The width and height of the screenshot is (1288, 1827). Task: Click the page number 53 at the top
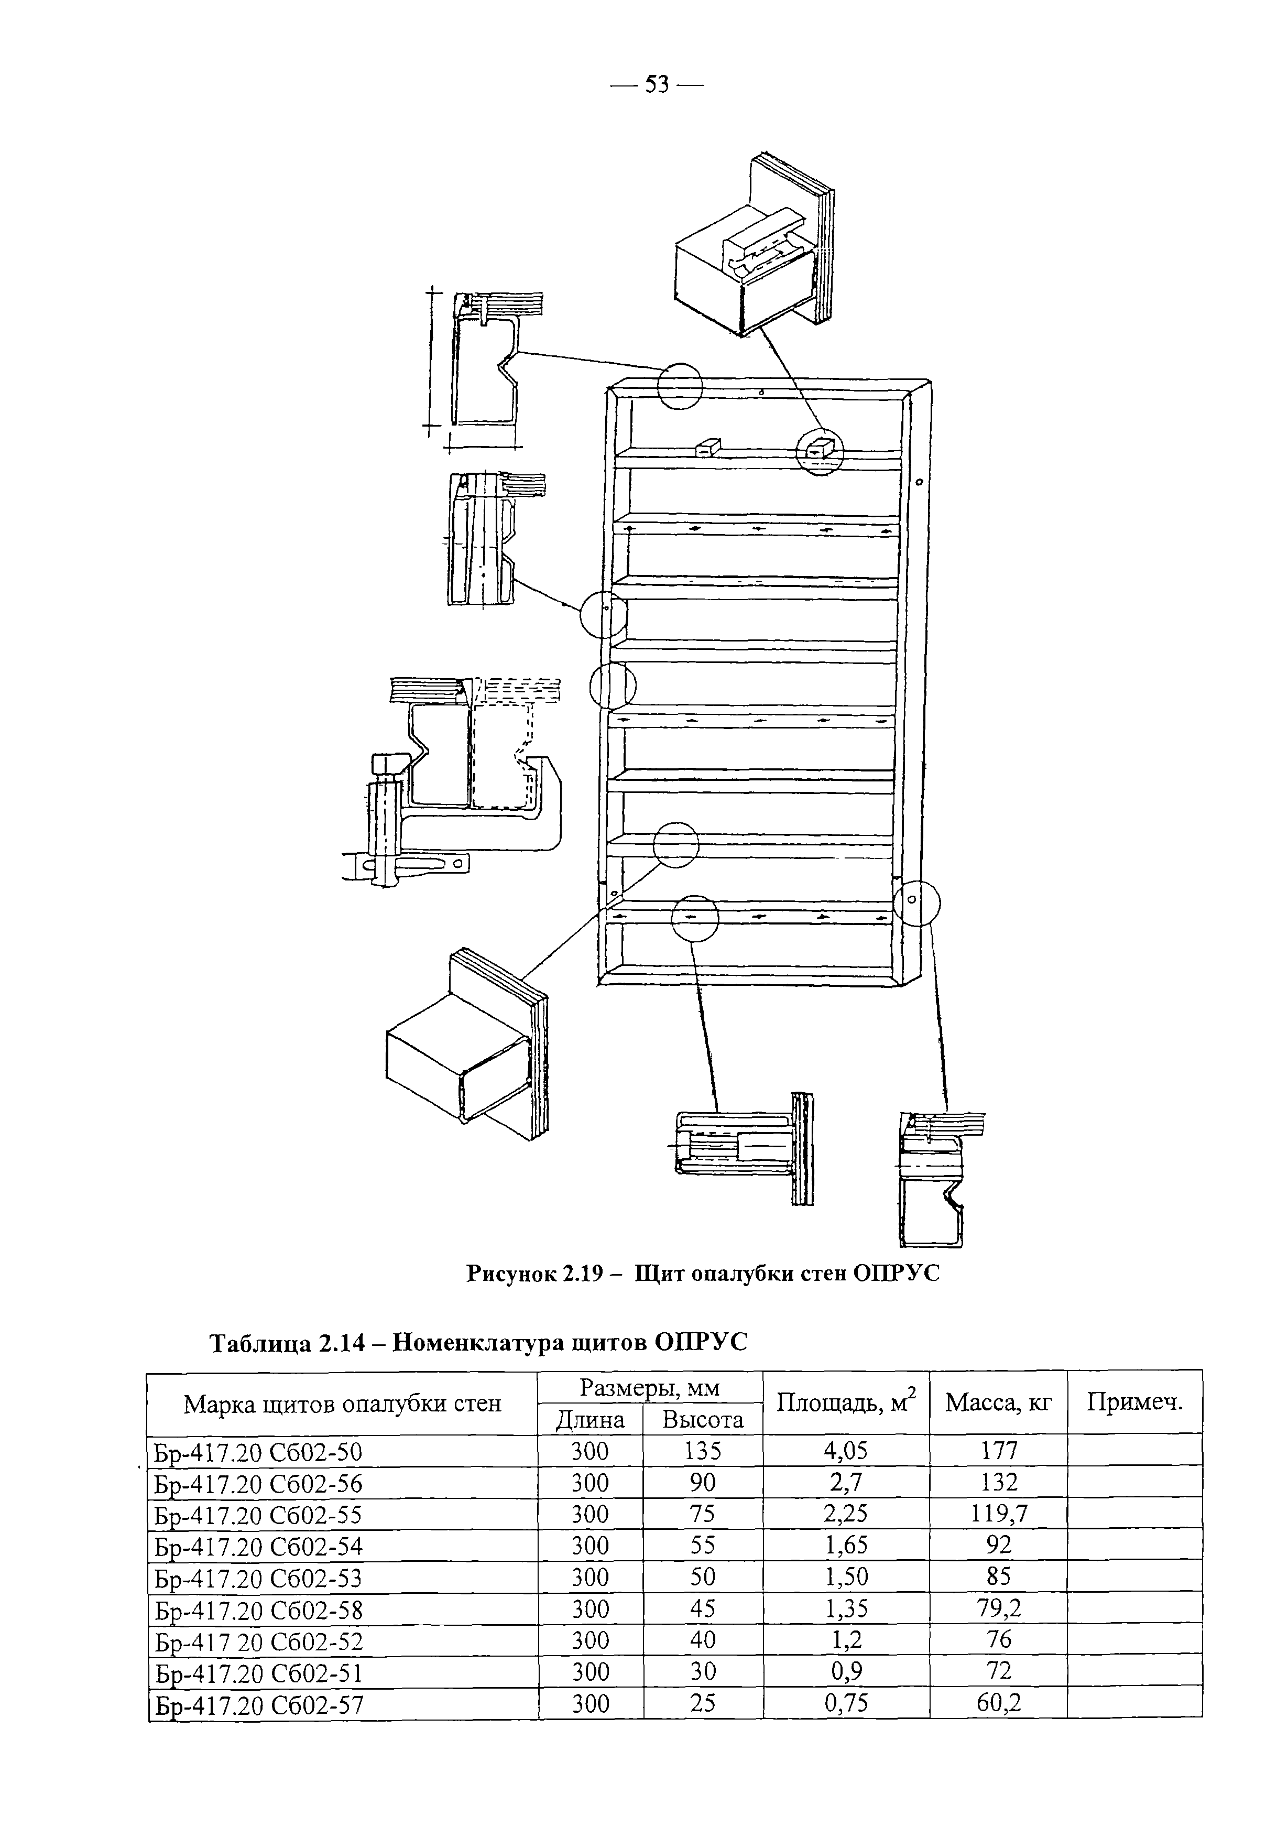tap(657, 84)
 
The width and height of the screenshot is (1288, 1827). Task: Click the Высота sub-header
tap(703, 1420)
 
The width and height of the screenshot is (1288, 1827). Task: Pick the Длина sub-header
tap(591, 1420)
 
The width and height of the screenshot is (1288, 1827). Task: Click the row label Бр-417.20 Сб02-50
tap(258, 1453)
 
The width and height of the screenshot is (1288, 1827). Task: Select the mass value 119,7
tap(998, 1514)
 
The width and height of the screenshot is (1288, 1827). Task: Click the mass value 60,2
tap(998, 1702)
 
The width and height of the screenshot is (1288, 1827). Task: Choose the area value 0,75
tap(846, 1702)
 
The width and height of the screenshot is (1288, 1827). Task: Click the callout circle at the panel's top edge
tap(680, 386)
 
